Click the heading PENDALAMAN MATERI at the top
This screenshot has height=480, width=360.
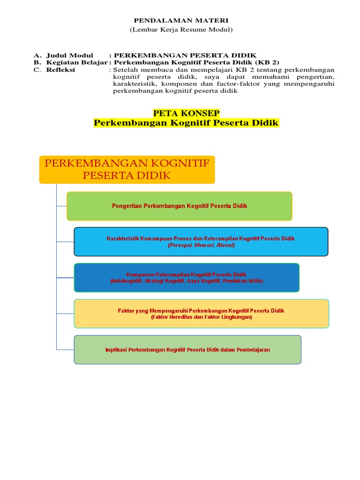(181, 21)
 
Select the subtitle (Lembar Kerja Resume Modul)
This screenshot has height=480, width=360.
(181, 30)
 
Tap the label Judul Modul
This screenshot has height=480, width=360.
(70, 55)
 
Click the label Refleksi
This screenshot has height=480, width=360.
(60, 70)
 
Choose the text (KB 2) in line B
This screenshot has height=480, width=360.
(267, 62)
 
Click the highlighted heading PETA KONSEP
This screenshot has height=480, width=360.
(186, 113)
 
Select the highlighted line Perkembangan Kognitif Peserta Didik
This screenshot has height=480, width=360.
(186, 123)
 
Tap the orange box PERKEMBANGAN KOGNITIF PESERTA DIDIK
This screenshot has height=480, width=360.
(127, 169)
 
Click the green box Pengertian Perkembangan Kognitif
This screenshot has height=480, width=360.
(180, 206)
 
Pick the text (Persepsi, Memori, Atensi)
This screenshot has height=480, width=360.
(201, 245)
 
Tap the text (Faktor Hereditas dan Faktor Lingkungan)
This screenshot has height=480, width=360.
(201, 317)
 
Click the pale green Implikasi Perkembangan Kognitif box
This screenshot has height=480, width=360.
(187, 350)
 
